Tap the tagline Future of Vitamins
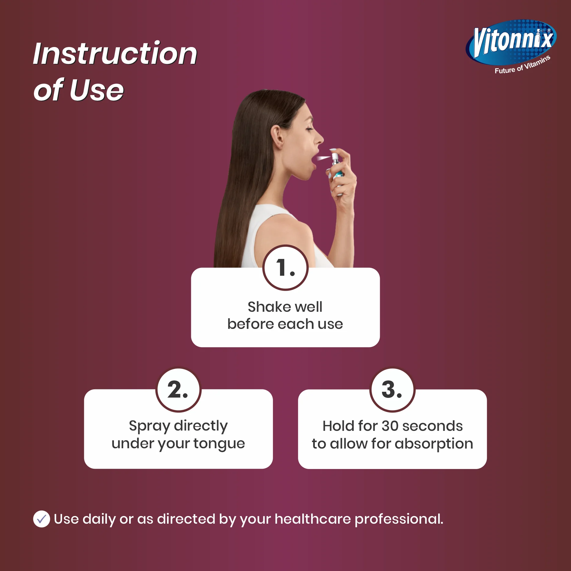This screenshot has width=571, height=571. click(522, 65)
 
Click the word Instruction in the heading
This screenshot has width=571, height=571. click(115, 53)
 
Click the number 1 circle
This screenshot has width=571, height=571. click(285, 268)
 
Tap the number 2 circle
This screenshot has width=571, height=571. click(178, 390)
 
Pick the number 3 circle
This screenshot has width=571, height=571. click(392, 390)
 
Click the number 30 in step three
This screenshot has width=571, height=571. click(390, 426)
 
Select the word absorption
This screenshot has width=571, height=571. click(434, 444)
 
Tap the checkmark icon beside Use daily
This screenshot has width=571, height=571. click(42, 519)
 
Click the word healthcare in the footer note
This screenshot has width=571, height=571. click(313, 519)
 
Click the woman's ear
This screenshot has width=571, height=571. click(277, 137)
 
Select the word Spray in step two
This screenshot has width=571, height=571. click(149, 426)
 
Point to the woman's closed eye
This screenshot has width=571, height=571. click(309, 129)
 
